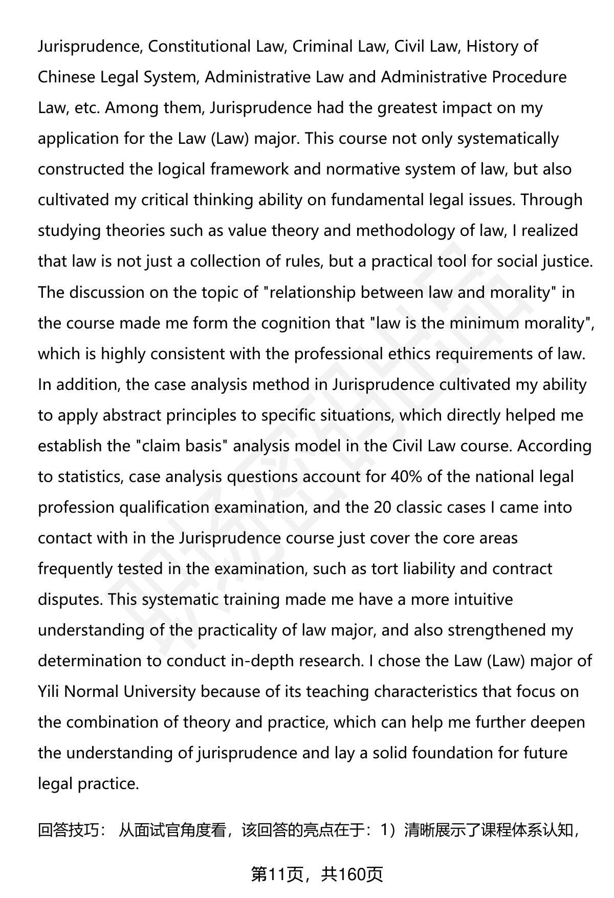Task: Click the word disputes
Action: point(70,600)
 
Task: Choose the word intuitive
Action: point(483,600)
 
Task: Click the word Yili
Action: point(49,692)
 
